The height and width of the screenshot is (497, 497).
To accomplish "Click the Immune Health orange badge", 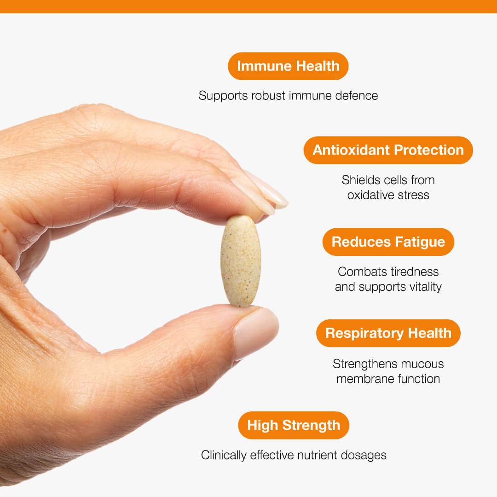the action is pyautogui.click(x=288, y=66).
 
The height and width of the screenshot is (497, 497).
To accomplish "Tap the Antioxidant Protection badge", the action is pyautogui.click(x=388, y=150).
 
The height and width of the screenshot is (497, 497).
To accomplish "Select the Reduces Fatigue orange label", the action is pyautogui.click(x=388, y=242).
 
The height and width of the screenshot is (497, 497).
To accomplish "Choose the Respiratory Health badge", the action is pyautogui.click(x=388, y=333).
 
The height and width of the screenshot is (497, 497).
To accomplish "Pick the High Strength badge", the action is pyautogui.click(x=294, y=425).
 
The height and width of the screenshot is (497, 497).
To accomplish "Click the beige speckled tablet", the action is pyautogui.click(x=241, y=261).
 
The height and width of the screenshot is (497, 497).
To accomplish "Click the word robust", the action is pyautogui.click(x=268, y=96).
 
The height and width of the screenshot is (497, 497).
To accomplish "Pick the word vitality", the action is pyautogui.click(x=425, y=287).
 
